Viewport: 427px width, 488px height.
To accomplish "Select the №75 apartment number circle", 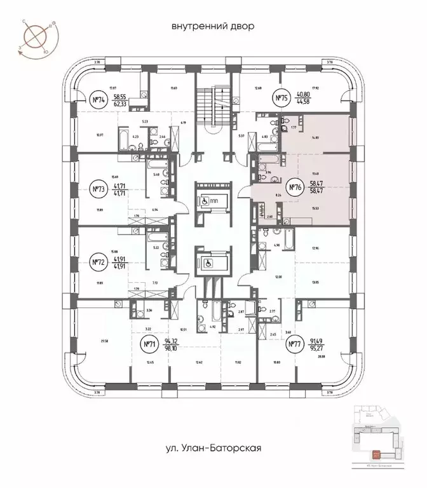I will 281,98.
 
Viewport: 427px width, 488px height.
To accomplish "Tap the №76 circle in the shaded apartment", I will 294,187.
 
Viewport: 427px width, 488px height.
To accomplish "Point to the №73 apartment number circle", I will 98,189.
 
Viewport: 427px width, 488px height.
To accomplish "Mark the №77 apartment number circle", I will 294,345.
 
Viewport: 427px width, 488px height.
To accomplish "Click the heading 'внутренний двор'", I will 213,27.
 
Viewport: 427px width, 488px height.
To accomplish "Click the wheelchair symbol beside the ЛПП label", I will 204,198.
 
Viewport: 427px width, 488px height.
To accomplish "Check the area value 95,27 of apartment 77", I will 317,349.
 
